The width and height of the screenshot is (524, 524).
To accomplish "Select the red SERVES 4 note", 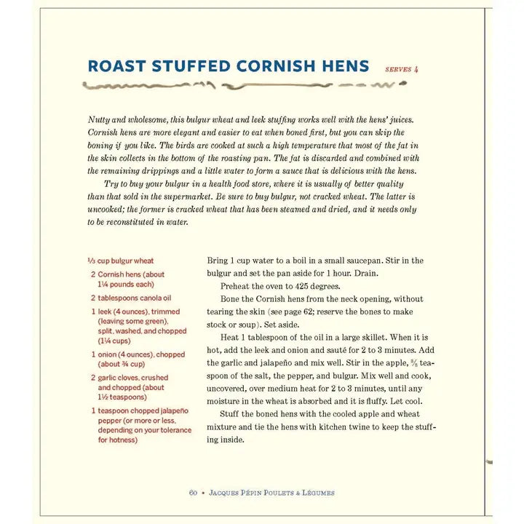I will pos(402,70).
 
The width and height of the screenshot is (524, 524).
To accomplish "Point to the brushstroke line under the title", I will pos(240,86).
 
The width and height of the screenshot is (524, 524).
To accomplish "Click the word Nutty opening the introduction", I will pos(100,119).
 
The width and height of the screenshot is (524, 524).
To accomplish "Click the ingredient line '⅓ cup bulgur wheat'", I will pos(121,261).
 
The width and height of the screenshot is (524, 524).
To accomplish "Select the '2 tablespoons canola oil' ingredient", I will pos(131,298).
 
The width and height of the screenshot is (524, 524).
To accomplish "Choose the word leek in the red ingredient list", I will pos(106,311).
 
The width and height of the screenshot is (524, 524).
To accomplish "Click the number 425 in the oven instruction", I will pos(306,286).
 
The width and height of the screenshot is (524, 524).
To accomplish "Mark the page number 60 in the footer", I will pos(193,493).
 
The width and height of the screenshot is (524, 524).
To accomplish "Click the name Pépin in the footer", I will pos(250,493).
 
